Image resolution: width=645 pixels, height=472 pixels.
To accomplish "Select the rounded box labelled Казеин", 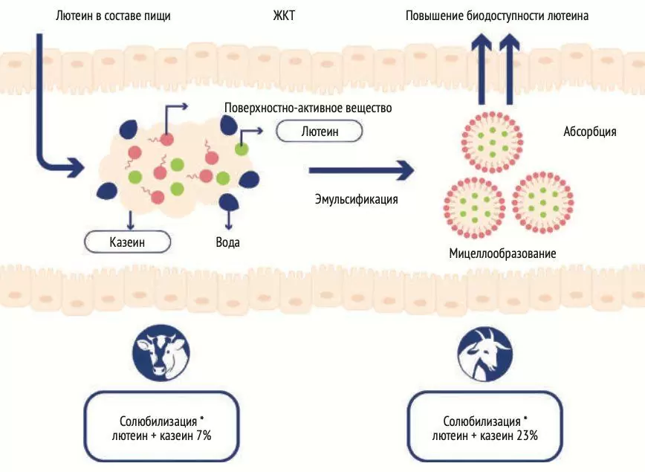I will pos(128,242).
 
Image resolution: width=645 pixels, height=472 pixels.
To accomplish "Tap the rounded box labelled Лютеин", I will pos(320,132).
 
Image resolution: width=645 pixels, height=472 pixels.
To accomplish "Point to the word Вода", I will pos(227,242).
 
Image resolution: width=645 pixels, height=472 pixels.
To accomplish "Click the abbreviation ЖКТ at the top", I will pos(284,15).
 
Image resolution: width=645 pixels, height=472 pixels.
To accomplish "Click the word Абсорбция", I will pos(589,132).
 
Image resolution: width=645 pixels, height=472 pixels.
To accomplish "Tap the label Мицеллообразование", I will pos(502,253).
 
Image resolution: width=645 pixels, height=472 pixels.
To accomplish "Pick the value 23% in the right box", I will pos(524,436).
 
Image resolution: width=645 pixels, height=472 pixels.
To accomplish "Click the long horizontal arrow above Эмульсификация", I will pos(361,170).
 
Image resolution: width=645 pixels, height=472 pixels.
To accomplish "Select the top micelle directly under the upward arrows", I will pos(493,138).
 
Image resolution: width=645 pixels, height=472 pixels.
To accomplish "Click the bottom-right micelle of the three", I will pos(542,201).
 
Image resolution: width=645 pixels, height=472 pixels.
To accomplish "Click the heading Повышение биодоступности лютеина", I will pos(497,15).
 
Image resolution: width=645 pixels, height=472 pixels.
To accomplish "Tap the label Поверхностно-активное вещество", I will pos(308,109).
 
